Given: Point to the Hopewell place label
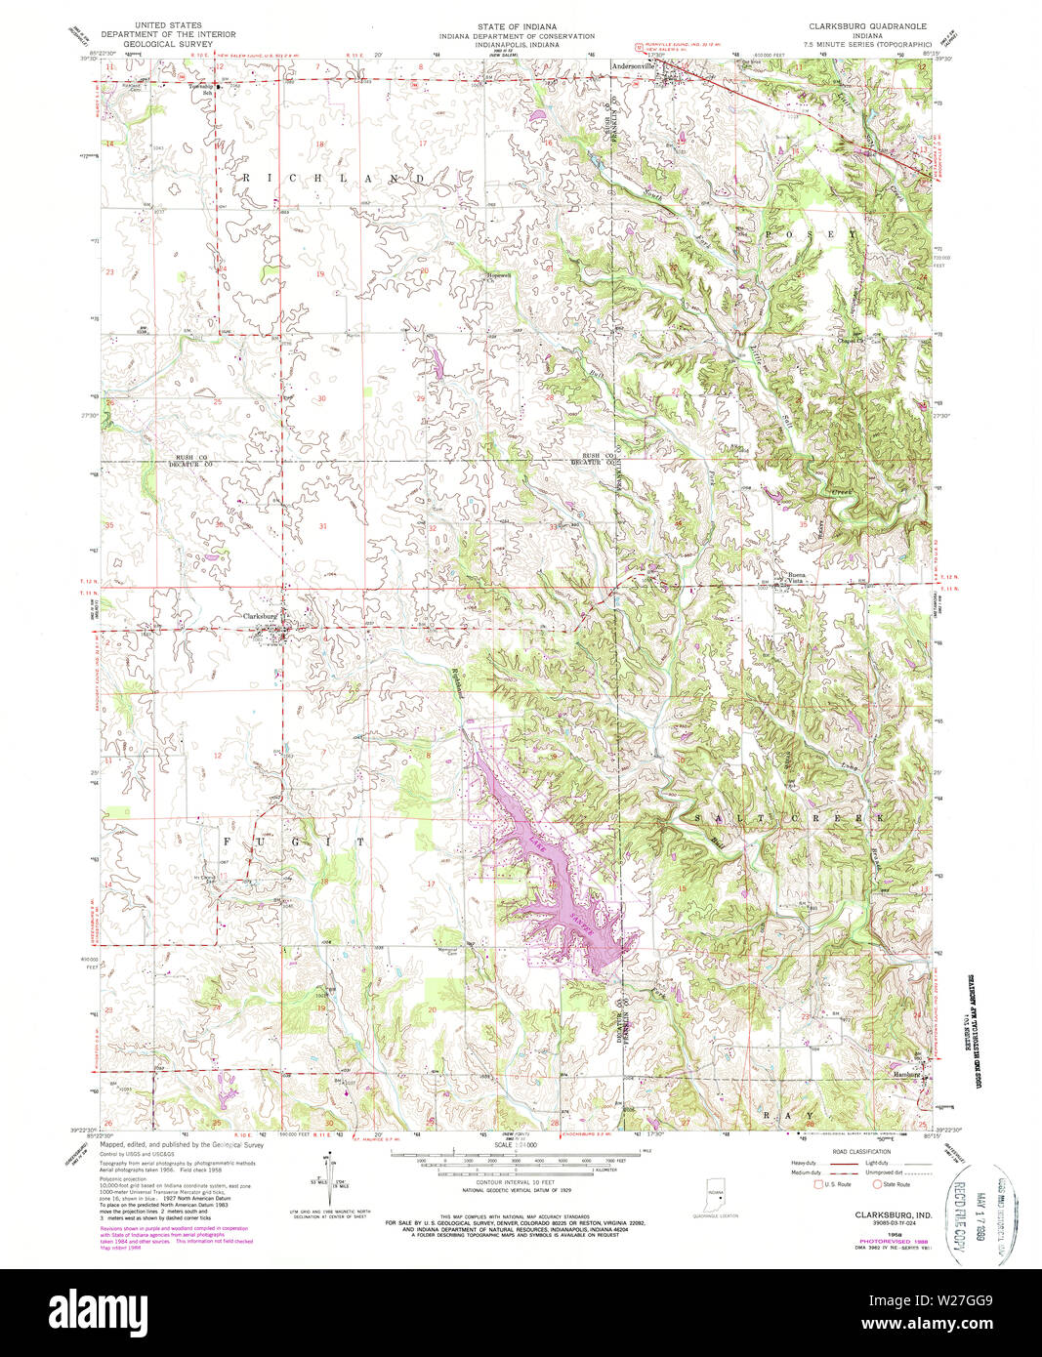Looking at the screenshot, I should tap(499, 275).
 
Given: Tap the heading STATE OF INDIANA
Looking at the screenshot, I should tap(521, 25).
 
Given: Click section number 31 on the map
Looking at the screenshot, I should tap(322, 526).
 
